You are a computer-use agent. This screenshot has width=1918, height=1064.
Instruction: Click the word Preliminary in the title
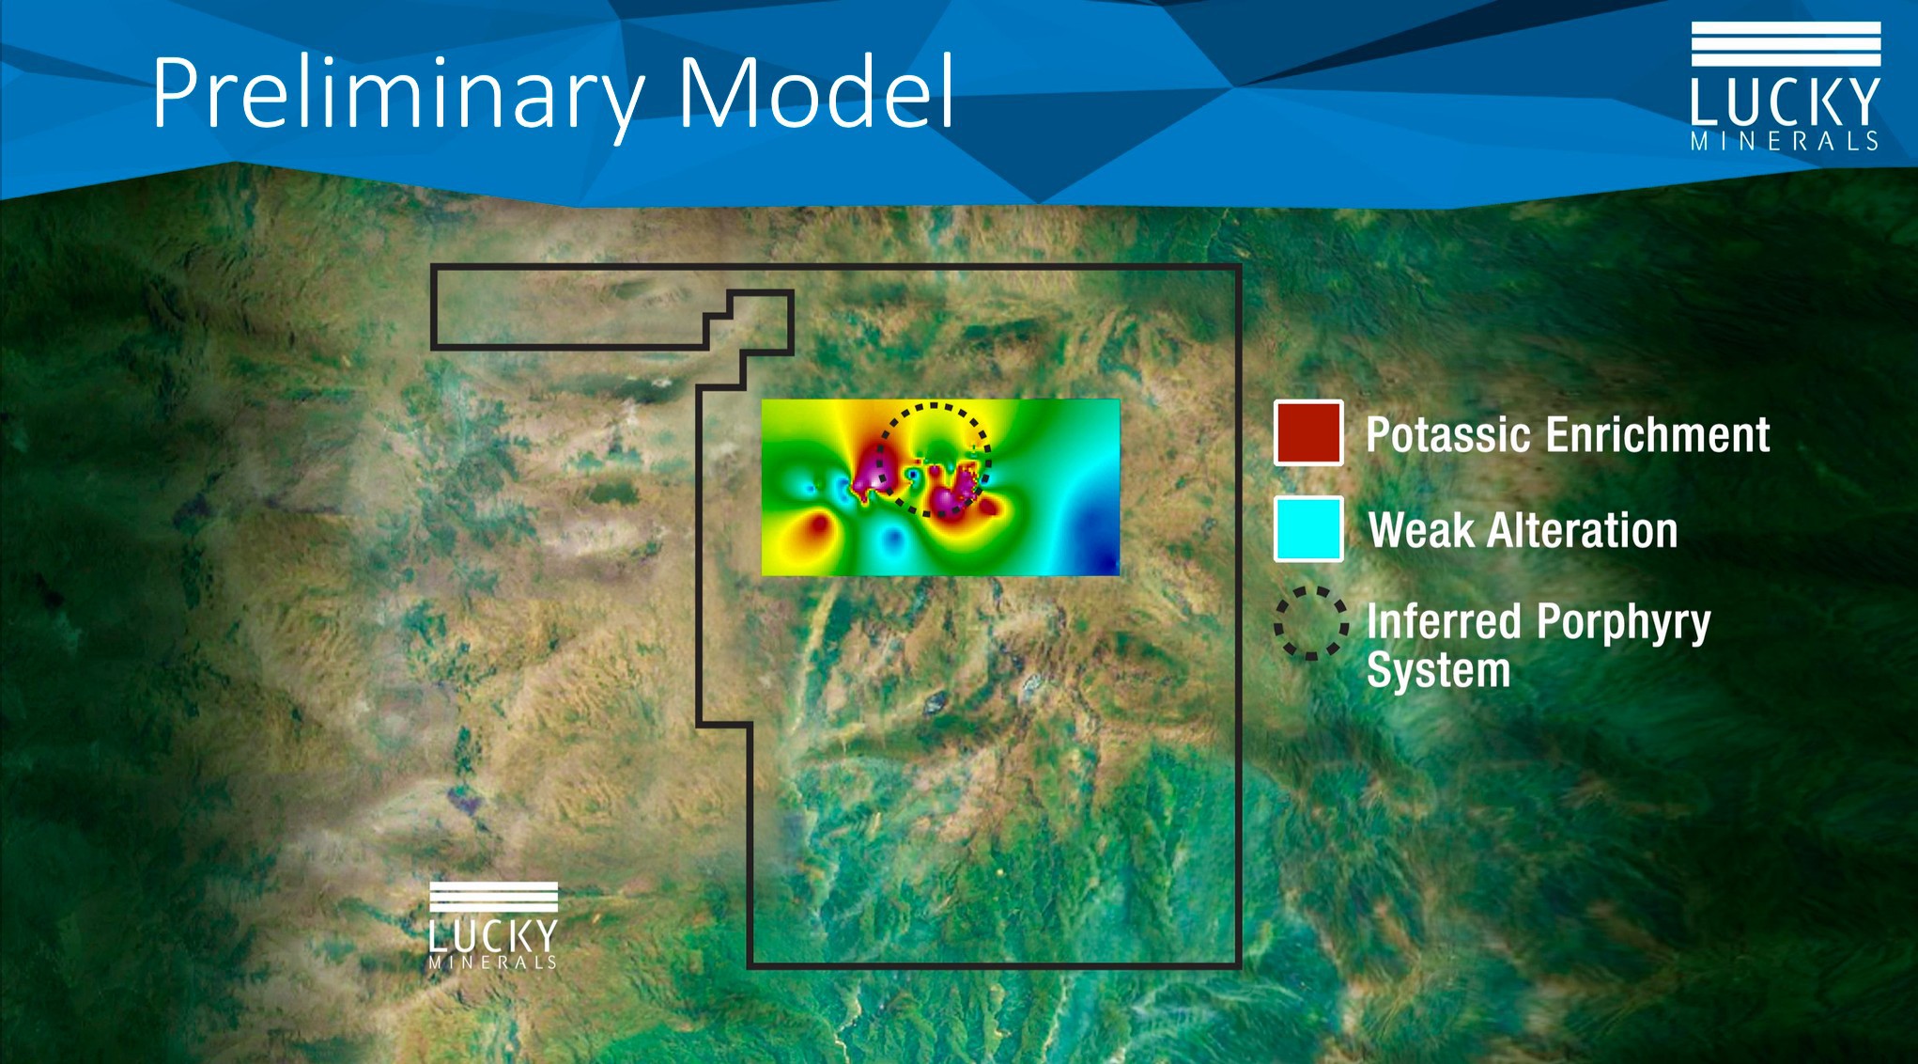coord(399,94)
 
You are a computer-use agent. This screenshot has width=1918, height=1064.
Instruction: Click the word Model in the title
coord(815,91)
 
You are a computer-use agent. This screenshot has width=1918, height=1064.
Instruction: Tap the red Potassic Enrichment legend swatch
coord(1308,433)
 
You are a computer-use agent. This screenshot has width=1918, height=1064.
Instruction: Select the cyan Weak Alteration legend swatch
coord(1308,529)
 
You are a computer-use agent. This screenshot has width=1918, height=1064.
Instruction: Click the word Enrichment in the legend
coord(1658,435)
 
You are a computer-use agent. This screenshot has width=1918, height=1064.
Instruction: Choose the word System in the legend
coord(1438,670)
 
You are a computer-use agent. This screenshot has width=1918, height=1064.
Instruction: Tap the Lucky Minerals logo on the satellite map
coord(494,926)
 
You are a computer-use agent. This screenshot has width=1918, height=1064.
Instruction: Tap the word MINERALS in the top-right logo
coord(1785,141)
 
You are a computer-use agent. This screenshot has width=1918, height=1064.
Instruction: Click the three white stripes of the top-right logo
coord(1786,44)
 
